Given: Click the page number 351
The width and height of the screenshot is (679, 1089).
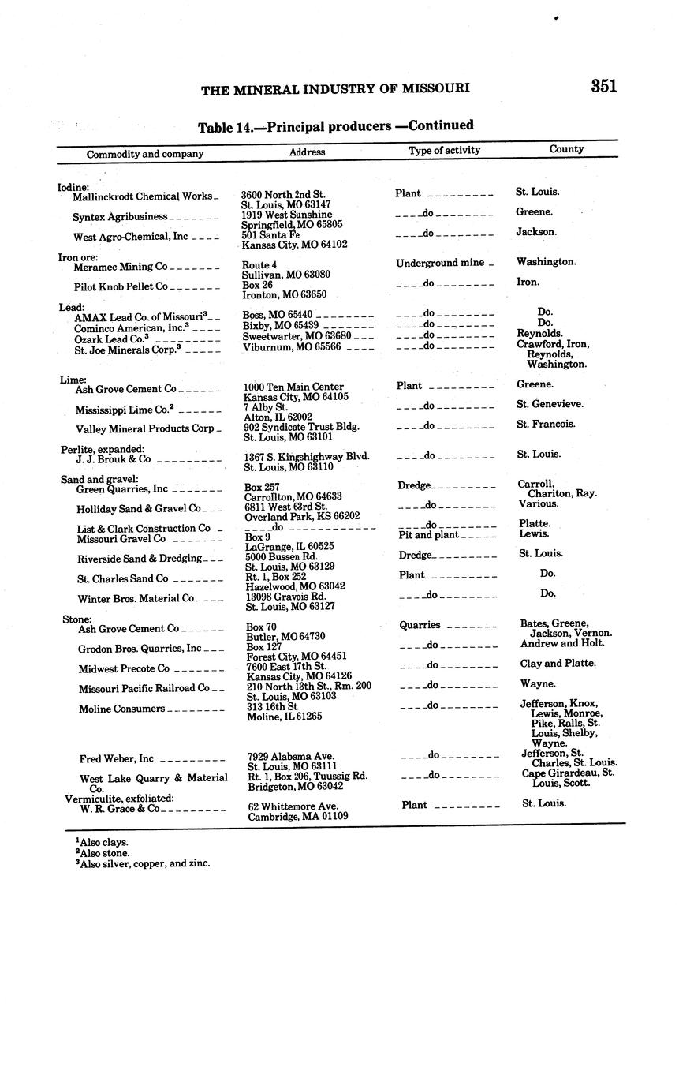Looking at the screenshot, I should (603, 87).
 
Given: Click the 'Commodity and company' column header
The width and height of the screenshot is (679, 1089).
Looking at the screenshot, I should (145, 154).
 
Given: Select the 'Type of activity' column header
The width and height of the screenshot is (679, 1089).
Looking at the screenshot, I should (444, 150).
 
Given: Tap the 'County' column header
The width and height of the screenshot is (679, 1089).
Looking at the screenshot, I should (566, 148).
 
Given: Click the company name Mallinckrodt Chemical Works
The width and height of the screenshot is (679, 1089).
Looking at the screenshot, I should (142, 196).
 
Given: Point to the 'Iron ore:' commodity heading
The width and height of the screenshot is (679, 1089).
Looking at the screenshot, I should (78, 257).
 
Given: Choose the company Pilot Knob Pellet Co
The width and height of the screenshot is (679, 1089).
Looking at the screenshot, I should (121, 287).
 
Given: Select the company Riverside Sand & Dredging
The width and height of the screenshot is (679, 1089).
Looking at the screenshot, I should (140, 559).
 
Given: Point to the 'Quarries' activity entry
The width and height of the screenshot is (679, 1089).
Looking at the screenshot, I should (420, 625).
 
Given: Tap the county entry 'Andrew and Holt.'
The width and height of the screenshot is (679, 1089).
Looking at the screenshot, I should (559, 643).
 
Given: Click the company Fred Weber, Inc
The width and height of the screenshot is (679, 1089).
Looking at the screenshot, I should (117, 759).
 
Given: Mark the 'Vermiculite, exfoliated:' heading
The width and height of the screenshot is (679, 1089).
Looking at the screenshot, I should (118, 799).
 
